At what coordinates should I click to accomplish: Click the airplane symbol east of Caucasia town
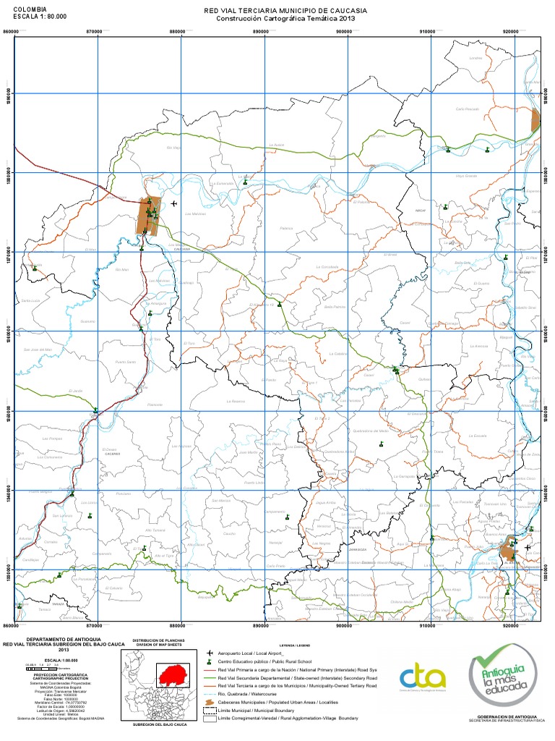tap(173, 204)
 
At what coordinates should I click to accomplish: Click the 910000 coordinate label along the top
tap(429, 32)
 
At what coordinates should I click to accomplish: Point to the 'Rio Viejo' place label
tap(173, 147)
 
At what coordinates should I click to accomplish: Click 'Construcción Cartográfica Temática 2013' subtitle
tap(286, 20)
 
